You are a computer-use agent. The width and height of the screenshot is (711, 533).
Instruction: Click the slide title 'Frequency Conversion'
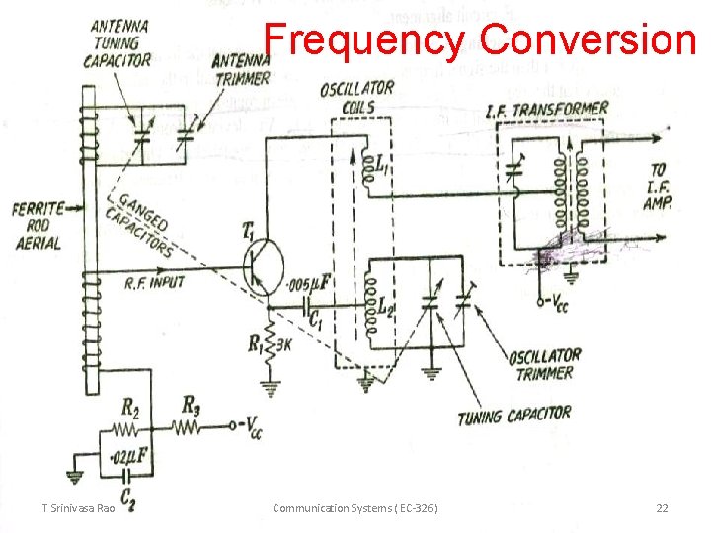[480, 39]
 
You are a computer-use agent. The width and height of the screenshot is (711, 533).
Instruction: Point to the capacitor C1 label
[317, 323]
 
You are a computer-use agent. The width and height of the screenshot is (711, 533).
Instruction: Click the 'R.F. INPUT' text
[155, 283]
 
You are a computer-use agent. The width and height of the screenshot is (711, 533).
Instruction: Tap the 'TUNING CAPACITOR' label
[513, 416]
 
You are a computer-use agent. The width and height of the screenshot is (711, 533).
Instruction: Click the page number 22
[662, 507]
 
